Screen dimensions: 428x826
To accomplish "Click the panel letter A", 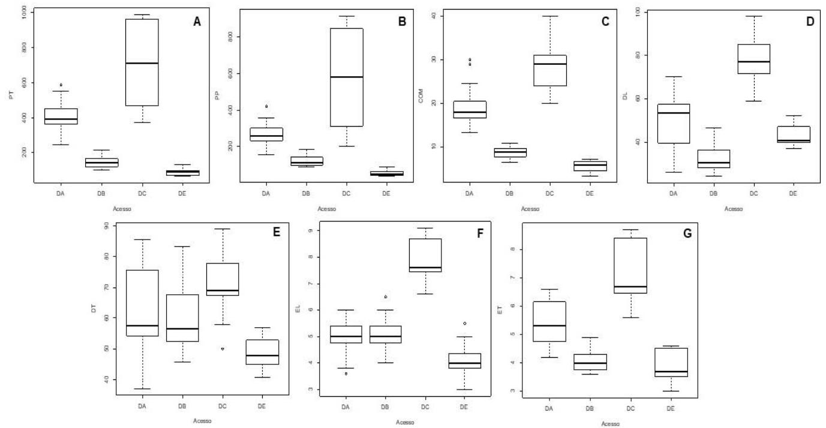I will tap(197, 22).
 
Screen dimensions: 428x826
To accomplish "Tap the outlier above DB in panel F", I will tap(386, 297).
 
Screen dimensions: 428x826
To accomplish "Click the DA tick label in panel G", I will tap(548, 409).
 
